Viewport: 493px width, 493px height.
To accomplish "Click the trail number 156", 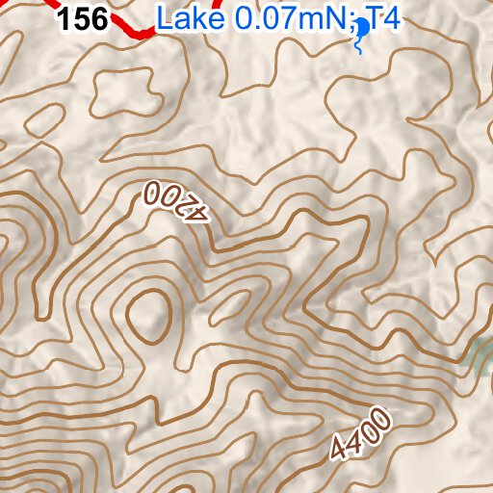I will coord(83,19).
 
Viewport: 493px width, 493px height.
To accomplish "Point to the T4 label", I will coord(383,18).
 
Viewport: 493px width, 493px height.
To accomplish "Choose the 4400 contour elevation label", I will coord(360,434).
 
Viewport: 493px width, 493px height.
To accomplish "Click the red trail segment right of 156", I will coord(133,29).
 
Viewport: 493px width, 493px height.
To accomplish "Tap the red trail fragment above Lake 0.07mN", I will coord(219,5).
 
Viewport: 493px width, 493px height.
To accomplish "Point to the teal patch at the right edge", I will coord(480,356).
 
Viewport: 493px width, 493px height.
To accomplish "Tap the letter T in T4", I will coord(376,18).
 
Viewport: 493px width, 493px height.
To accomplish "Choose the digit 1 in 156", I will coord(66,19).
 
